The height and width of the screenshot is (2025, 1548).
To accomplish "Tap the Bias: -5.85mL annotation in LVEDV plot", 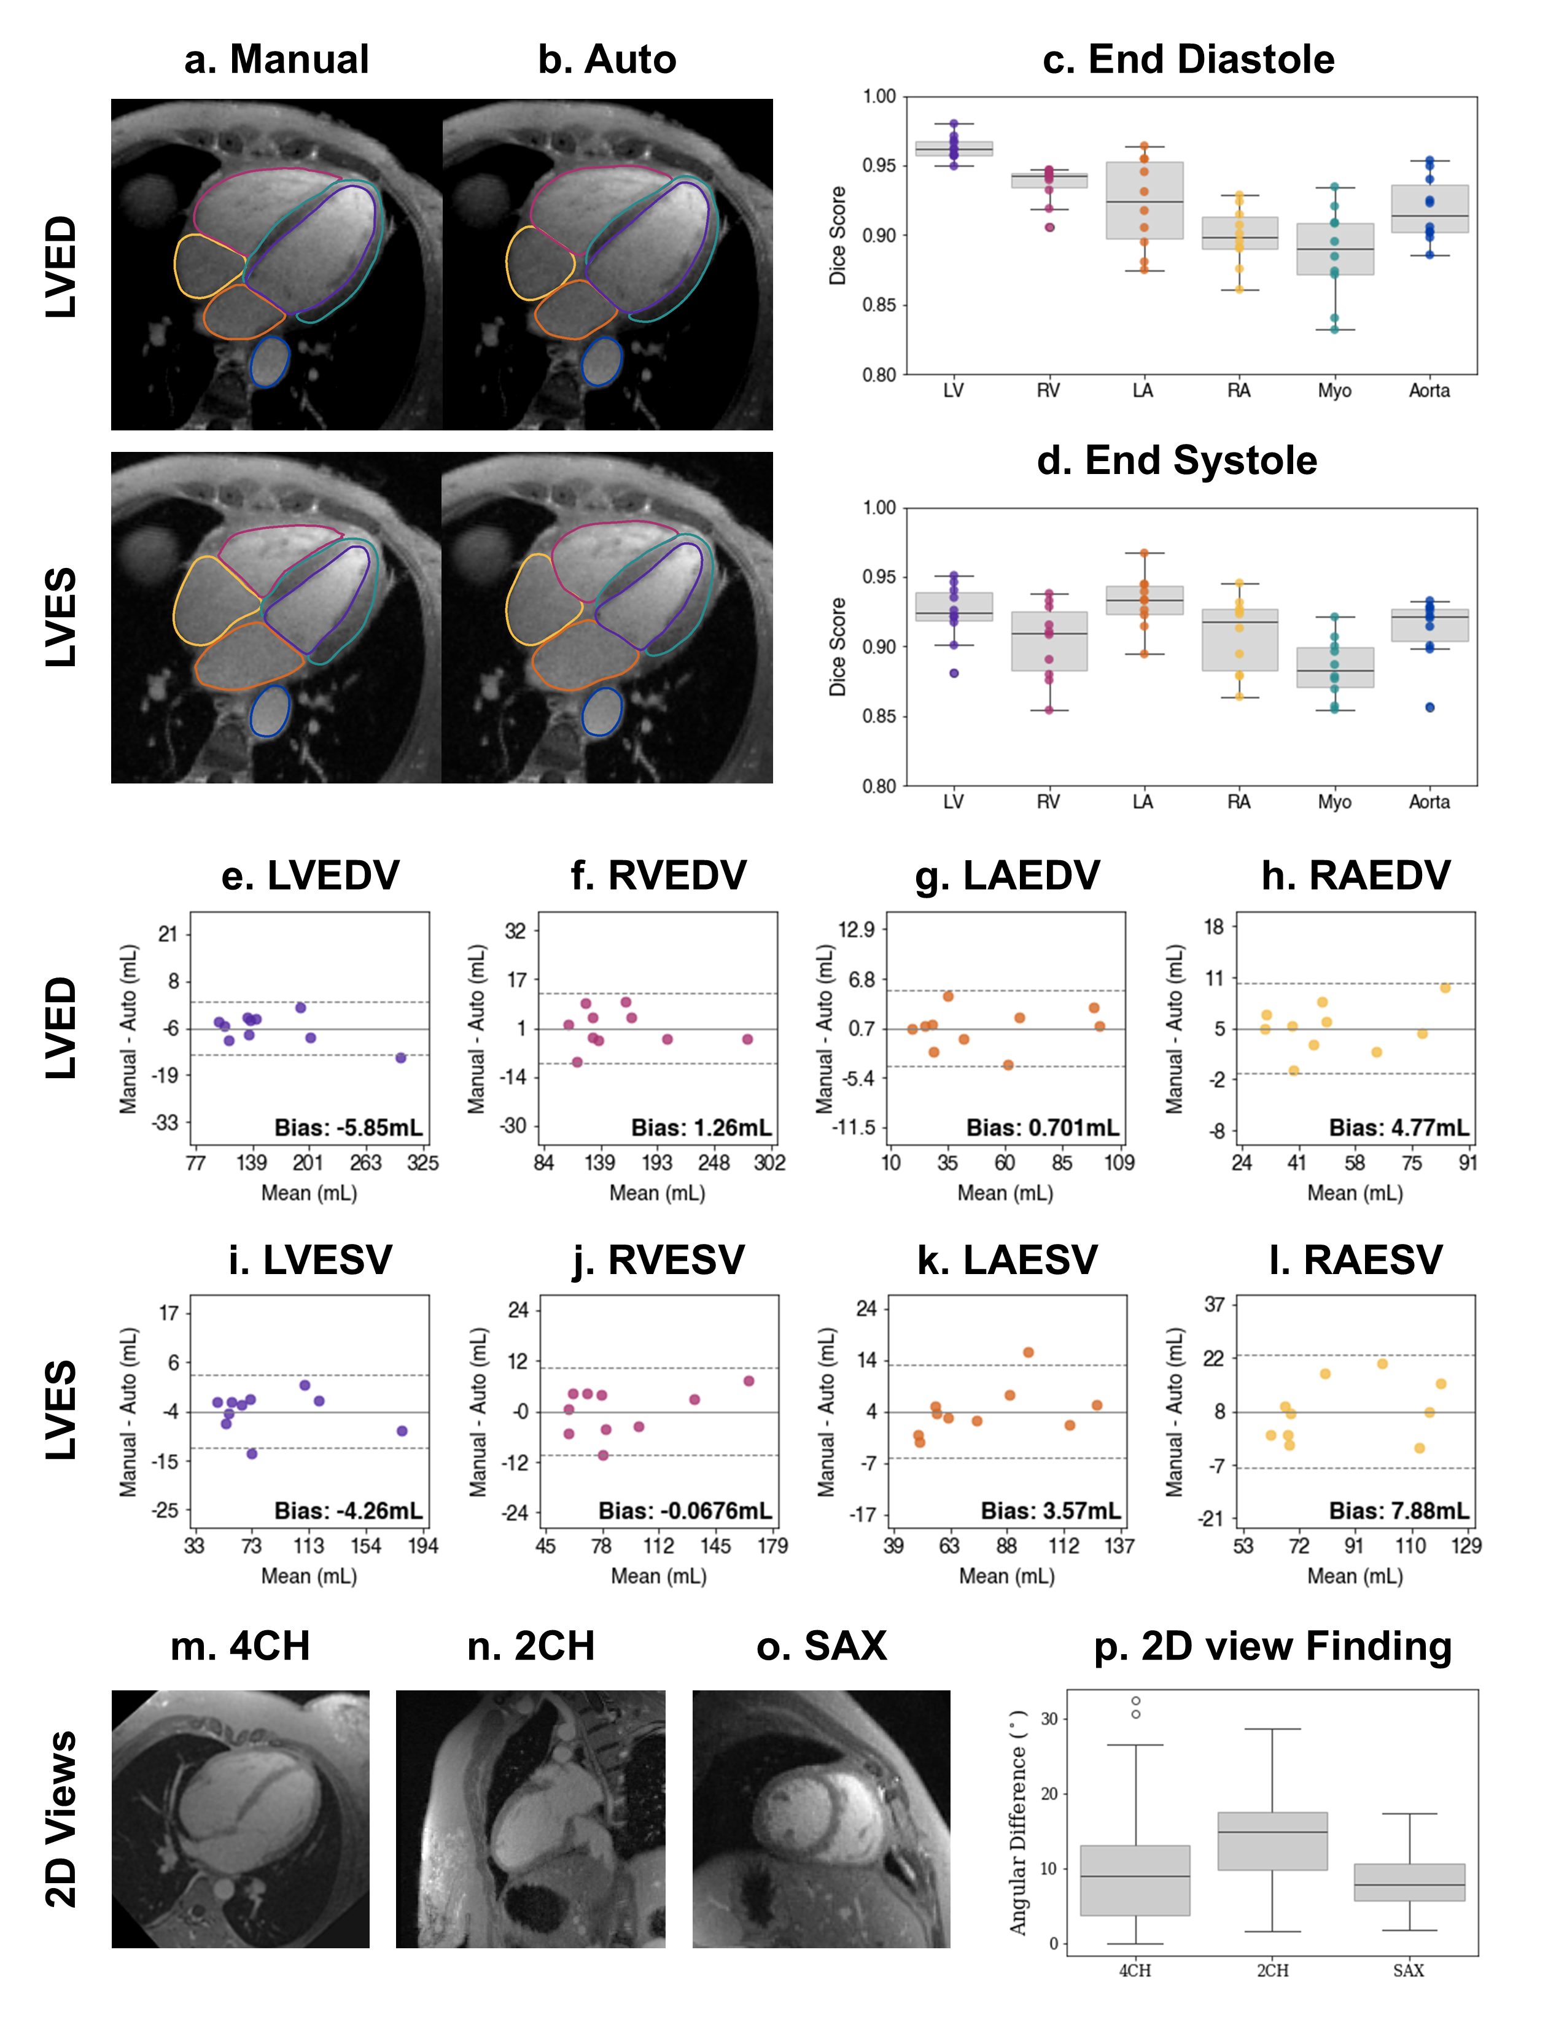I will [348, 1128].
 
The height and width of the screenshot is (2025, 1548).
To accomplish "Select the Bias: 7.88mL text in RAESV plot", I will [1399, 1511].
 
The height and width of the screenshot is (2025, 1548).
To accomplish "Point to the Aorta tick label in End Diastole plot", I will [1429, 391].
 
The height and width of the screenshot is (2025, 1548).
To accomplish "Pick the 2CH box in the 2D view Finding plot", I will [1272, 1841].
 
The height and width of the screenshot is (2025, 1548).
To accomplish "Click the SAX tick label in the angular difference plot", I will [1409, 1970].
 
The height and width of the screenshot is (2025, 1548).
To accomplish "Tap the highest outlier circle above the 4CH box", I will [1136, 1701].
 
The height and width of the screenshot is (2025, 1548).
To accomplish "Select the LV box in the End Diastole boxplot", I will [954, 149].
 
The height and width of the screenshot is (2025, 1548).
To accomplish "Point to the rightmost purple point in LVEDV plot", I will [401, 1058].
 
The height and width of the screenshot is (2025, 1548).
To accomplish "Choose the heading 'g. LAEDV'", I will [1007, 875].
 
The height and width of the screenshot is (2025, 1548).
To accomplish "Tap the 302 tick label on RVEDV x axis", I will [769, 1163].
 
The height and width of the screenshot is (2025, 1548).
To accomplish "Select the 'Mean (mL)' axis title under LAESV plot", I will [1006, 1576].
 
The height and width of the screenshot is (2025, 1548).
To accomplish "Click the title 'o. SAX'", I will [821, 1646].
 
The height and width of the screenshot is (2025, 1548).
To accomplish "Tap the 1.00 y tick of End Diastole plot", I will [879, 97].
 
